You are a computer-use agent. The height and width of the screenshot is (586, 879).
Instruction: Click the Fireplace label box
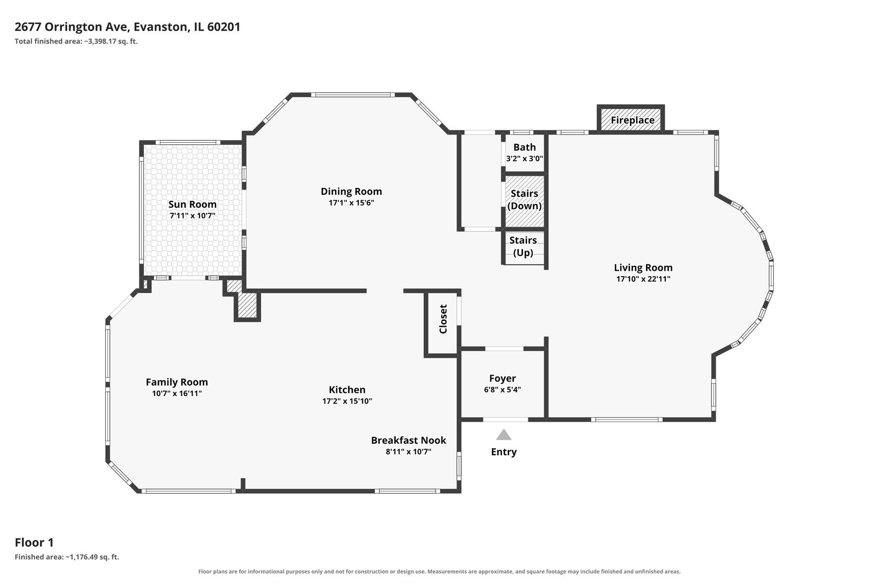point(630,118)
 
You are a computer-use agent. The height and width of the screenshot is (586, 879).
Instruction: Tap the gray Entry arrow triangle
point(504,435)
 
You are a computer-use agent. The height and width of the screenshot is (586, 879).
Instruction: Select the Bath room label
point(524,147)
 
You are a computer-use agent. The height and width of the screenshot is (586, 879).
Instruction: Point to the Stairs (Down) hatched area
point(524,201)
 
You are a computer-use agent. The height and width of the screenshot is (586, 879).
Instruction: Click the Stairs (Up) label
point(523,246)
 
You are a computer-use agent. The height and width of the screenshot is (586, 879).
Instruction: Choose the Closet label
point(443,319)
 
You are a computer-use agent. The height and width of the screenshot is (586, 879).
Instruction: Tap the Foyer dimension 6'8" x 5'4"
point(502,390)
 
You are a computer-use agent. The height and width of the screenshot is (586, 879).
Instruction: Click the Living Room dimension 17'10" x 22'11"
point(643,279)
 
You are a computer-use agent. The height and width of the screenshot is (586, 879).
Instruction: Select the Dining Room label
point(351,191)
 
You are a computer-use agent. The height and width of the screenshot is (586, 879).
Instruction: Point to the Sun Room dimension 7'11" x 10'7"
point(192,215)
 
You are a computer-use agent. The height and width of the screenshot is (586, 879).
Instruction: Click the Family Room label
point(176,382)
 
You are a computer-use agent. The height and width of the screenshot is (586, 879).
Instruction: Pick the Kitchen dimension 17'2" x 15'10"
point(347,401)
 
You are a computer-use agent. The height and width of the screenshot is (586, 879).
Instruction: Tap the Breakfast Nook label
point(409,441)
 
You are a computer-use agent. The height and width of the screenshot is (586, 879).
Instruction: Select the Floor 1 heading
point(34,543)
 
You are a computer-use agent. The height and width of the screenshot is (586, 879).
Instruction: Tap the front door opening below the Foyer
point(506,419)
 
